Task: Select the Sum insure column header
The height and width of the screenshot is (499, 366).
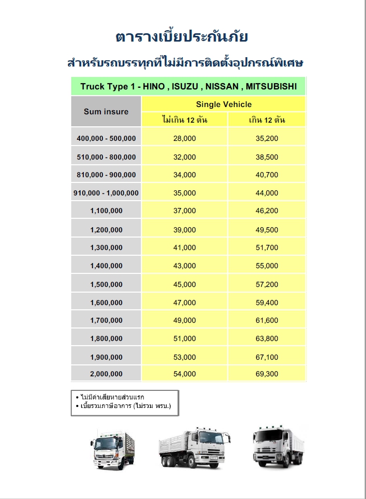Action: [x=106, y=111]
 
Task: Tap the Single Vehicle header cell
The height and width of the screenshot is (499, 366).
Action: [x=224, y=104]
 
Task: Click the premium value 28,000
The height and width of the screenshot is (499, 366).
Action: [x=185, y=138]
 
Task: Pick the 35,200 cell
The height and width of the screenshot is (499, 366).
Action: [x=267, y=138]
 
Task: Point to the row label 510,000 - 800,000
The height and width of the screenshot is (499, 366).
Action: [x=106, y=157]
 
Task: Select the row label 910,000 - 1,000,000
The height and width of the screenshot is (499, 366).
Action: [x=106, y=193]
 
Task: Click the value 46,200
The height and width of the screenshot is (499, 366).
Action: [x=267, y=211]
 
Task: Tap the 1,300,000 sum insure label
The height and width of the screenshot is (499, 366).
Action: [x=106, y=247]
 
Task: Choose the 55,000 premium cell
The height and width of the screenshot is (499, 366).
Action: [x=267, y=266]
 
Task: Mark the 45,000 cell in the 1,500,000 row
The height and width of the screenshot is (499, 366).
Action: [x=185, y=284]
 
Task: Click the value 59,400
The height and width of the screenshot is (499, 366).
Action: [x=267, y=303]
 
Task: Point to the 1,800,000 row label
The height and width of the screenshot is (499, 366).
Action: [x=106, y=339]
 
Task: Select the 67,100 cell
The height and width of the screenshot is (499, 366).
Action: [x=267, y=357]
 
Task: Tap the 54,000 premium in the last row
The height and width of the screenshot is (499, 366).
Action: [x=185, y=374]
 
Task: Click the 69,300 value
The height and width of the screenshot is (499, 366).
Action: [x=267, y=374]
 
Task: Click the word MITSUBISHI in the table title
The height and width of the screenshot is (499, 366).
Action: [x=271, y=86]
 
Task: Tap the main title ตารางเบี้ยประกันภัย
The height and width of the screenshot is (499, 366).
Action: [x=182, y=37]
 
